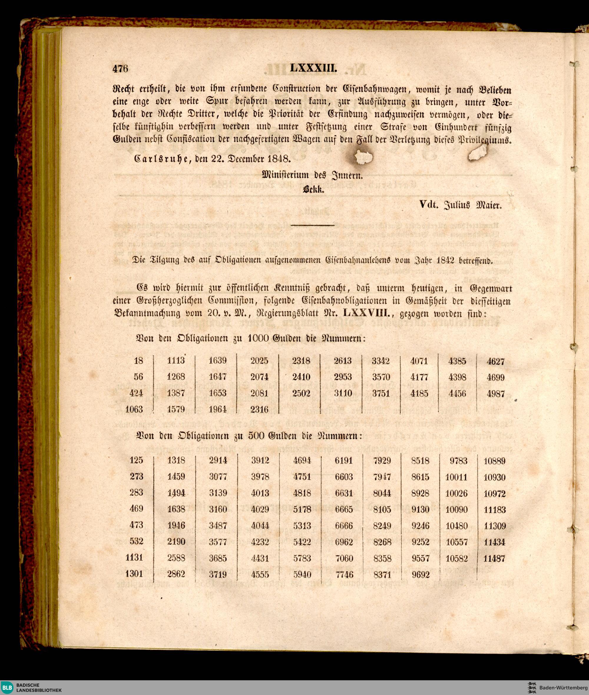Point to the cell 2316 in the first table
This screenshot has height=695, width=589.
pyautogui.click(x=259, y=409)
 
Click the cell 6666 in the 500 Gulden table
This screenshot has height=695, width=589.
pyautogui.click(x=344, y=526)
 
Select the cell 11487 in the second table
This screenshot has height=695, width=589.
pyautogui.click(x=494, y=558)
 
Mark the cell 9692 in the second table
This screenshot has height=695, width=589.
pyautogui.click(x=420, y=575)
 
